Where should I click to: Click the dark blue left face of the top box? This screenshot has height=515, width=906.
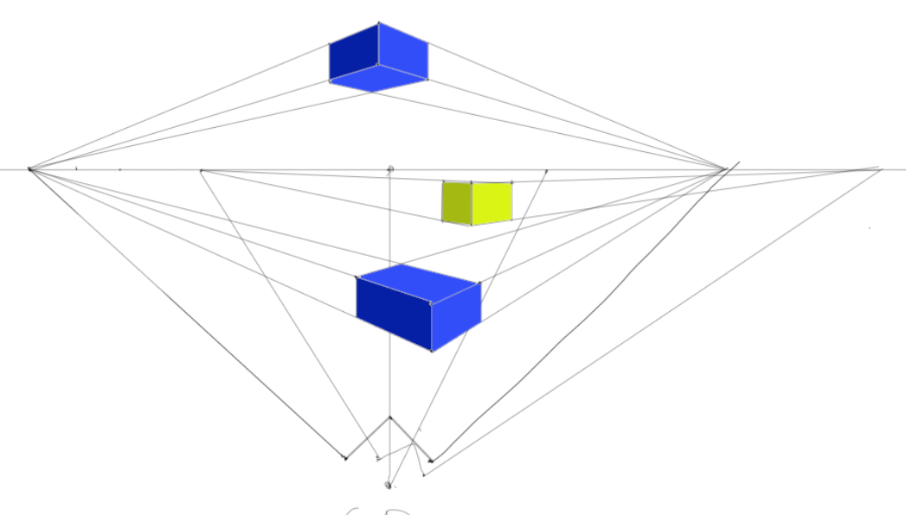point(353,54)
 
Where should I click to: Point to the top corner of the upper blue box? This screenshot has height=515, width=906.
point(378,23)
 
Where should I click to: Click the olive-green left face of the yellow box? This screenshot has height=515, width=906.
point(456,202)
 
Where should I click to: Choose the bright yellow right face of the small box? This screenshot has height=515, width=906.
point(492,203)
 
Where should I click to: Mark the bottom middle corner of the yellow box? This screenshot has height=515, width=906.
point(471,225)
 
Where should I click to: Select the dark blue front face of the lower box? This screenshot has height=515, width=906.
point(394,312)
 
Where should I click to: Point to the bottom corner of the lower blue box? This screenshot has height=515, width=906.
point(432,351)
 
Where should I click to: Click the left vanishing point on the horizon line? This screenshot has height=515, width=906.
point(29,169)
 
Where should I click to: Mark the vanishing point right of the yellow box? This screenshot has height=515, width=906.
point(724,169)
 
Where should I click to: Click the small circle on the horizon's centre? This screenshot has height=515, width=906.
point(390,169)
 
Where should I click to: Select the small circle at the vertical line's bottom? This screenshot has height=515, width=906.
point(389,485)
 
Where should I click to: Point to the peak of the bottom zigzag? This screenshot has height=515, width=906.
point(389,417)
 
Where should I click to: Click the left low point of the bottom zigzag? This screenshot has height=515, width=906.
point(345,458)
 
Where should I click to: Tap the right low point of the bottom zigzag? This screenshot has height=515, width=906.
point(431,461)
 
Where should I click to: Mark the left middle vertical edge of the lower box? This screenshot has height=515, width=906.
point(357,298)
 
